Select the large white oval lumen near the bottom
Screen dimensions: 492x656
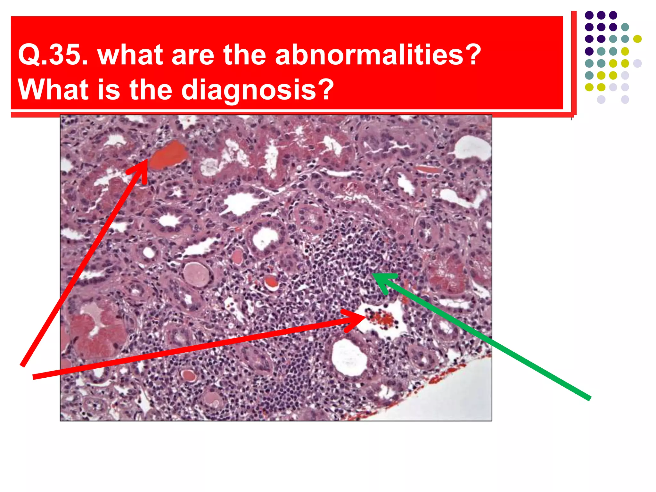349,357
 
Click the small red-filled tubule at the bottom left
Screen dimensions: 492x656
188,375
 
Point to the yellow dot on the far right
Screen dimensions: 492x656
637,39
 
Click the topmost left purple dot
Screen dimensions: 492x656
589,15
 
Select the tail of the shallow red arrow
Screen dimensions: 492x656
34,377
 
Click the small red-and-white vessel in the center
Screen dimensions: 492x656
272,282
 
